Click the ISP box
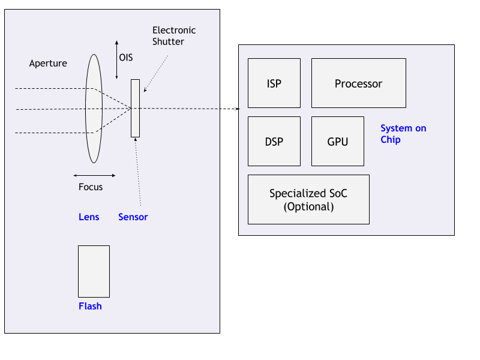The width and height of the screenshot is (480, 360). tap(274, 83)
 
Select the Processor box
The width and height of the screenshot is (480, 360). tap(358, 83)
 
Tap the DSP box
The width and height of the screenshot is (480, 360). tap(274, 142)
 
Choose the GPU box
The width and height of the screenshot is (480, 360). tap(337, 142)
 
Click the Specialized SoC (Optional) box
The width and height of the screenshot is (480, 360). tap(308, 200)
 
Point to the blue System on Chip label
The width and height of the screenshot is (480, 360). tap(403, 134)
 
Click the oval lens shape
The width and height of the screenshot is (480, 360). tap(94, 109)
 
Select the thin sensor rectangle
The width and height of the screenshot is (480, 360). tap(135, 108)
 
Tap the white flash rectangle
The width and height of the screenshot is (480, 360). tap(94, 271)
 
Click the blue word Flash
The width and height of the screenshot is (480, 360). tap(90, 306)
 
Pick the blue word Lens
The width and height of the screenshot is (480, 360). tap(89, 217)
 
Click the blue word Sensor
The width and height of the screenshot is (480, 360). tap(133, 217)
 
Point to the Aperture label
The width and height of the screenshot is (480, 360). tap(48, 63)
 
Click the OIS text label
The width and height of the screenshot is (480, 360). tap(126, 58)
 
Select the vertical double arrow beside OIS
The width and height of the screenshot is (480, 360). tap(116, 59)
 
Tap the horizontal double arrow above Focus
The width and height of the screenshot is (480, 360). tap(94, 175)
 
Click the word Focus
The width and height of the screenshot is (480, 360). tap(91, 187)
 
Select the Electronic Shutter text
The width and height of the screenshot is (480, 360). tap(174, 36)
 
